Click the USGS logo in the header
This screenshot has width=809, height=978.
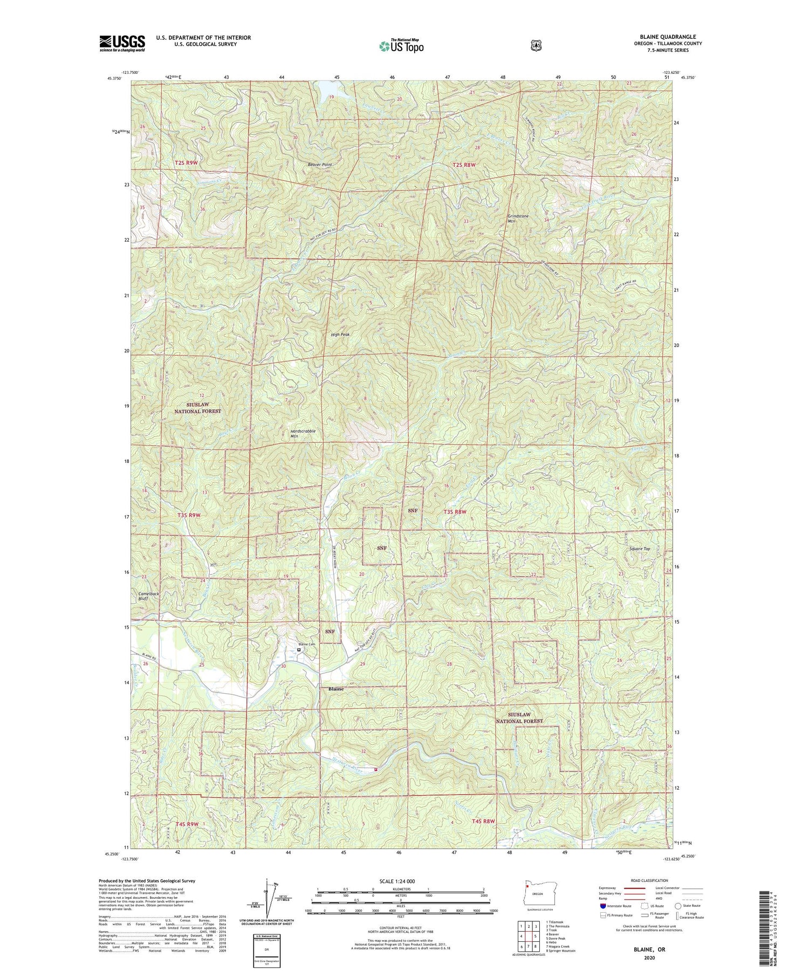coord(122,43)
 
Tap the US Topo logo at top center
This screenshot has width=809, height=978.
coord(401,46)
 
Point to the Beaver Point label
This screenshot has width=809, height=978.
coord(320,165)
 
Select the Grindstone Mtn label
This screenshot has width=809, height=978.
coord(518,218)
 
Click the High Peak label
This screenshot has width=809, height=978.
coord(340,334)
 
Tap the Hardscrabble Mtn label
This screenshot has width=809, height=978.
coord(303,434)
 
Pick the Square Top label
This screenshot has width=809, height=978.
coord(640,549)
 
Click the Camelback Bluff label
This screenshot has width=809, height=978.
coord(148,596)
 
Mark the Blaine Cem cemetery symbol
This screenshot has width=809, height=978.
coord(299,650)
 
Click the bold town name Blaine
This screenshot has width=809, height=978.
coord(336,689)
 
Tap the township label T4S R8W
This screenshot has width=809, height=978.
coord(483,821)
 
